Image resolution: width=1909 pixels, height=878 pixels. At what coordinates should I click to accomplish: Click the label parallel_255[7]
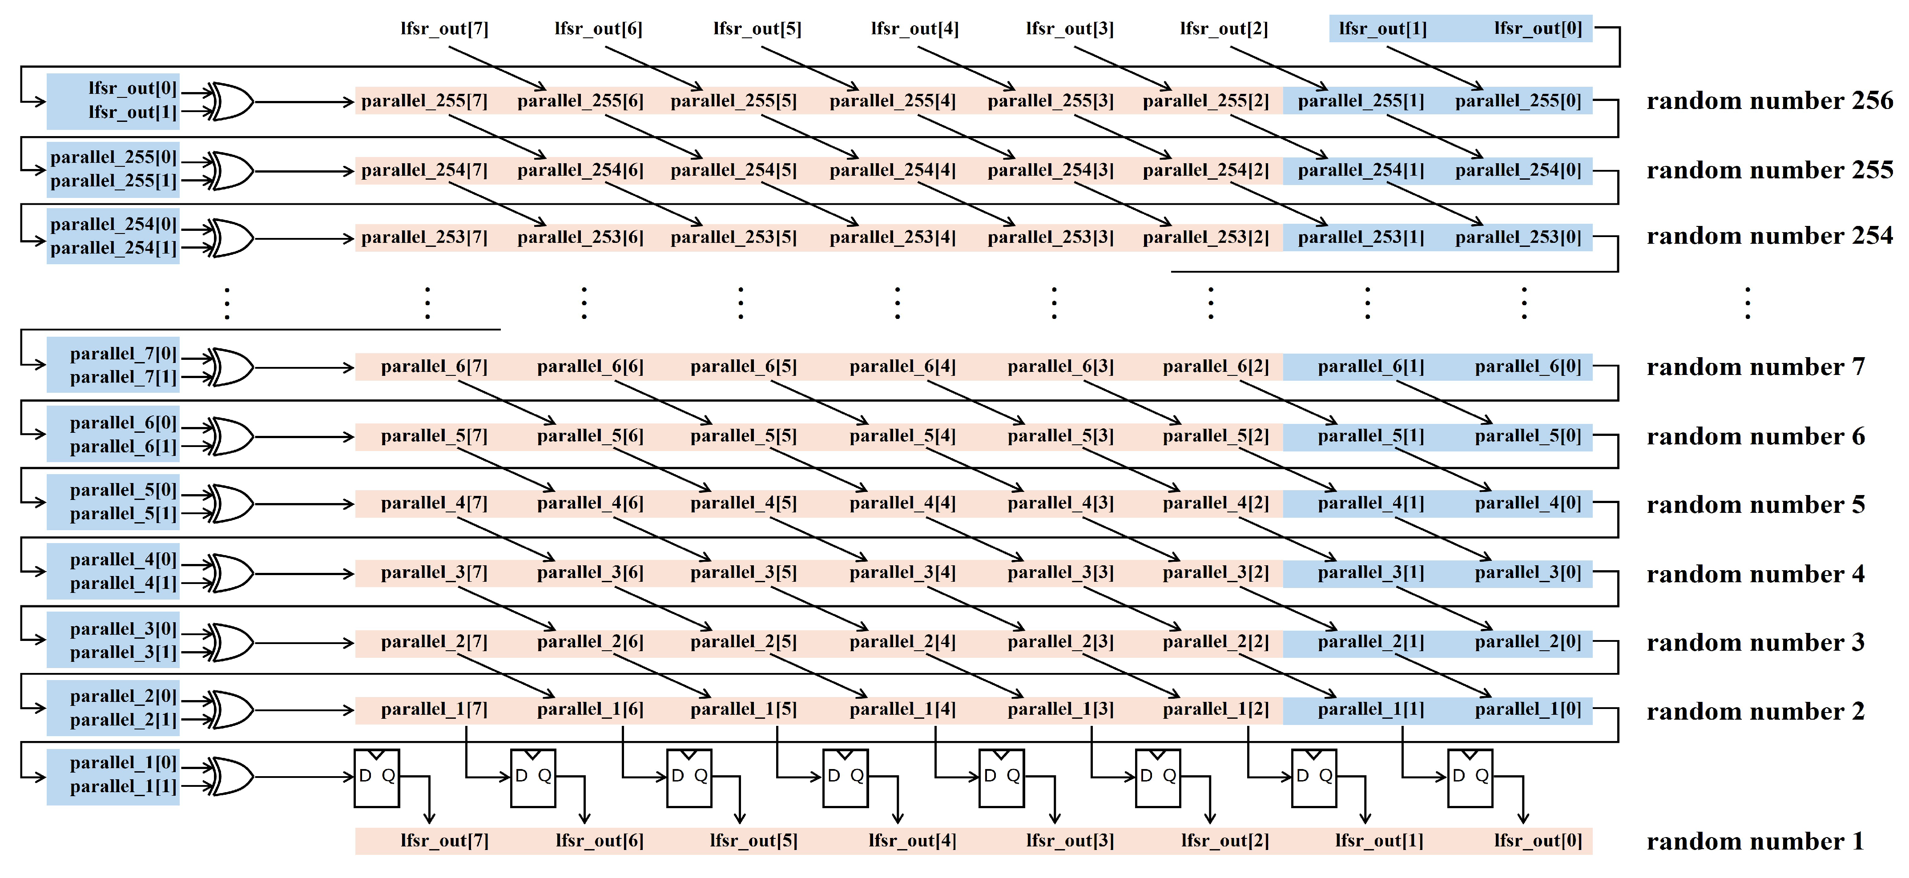(424, 101)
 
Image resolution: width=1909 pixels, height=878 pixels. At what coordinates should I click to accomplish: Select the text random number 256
(1769, 101)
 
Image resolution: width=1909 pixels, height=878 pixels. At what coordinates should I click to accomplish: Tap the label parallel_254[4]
(892, 170)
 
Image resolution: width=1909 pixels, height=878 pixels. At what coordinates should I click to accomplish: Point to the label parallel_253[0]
(1518, 237)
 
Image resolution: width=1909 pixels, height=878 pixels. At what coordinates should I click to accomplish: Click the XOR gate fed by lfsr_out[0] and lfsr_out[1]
(231, 101)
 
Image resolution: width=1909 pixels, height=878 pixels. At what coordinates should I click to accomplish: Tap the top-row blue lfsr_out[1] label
(1382, 29)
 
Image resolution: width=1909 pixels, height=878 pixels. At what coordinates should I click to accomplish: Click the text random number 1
(1754, 842)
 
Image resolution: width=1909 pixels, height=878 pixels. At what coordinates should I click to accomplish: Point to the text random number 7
(1754, 367)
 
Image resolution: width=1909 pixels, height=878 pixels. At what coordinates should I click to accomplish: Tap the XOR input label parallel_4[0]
(123, 560)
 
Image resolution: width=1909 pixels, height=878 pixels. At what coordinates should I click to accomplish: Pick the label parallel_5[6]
(590, 436)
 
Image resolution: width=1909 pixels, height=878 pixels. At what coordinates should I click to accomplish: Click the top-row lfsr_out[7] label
(444, 29)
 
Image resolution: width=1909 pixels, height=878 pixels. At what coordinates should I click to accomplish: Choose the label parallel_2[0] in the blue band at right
(1527, 642)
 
